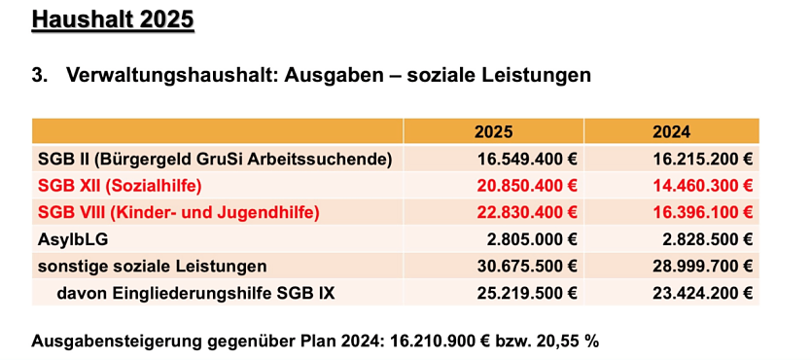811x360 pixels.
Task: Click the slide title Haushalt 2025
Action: (x=113, y=19)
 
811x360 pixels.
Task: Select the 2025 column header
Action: (x=493, y=131)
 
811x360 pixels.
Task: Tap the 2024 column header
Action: (x=671, y=131)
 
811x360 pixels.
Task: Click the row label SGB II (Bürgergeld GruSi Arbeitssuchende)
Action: (x=214, y=158)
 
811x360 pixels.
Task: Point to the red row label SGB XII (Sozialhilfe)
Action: (x=120, y=184)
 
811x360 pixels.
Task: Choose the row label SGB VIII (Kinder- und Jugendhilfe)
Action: (x=178, y=211)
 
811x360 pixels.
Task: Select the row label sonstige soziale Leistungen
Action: (x=152, y=265)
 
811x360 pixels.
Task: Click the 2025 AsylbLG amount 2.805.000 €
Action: (x=533, y=237)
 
